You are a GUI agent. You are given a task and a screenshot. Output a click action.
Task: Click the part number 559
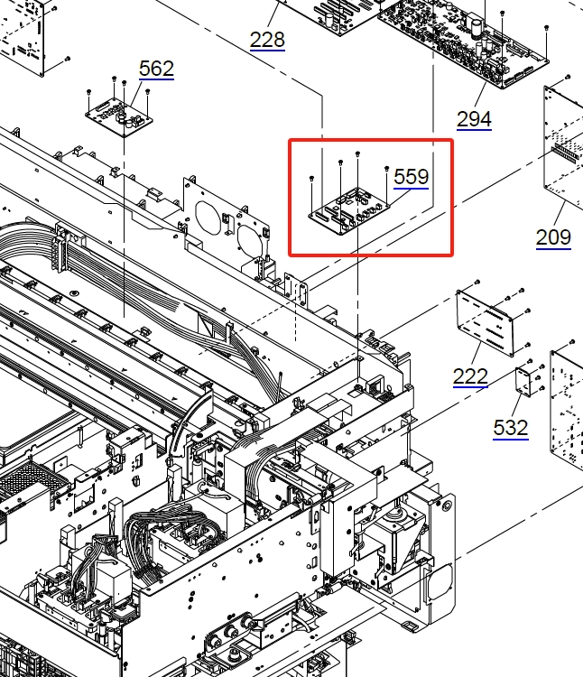point(412,177)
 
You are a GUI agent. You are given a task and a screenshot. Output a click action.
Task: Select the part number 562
point(156,69)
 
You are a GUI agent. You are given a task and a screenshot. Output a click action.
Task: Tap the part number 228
point(267,40)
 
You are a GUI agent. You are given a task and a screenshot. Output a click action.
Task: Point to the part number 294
point(474,119)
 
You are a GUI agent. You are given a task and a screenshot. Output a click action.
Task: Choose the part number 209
point(553,237)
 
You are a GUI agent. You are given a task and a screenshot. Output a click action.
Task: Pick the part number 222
point(470,376)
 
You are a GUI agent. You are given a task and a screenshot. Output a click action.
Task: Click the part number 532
point(511,428)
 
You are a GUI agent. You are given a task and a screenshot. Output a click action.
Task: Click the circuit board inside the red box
point(349,211)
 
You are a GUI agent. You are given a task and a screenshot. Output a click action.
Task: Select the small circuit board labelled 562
point(119,117)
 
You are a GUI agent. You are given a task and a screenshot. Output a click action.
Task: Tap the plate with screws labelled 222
point(485,322)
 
